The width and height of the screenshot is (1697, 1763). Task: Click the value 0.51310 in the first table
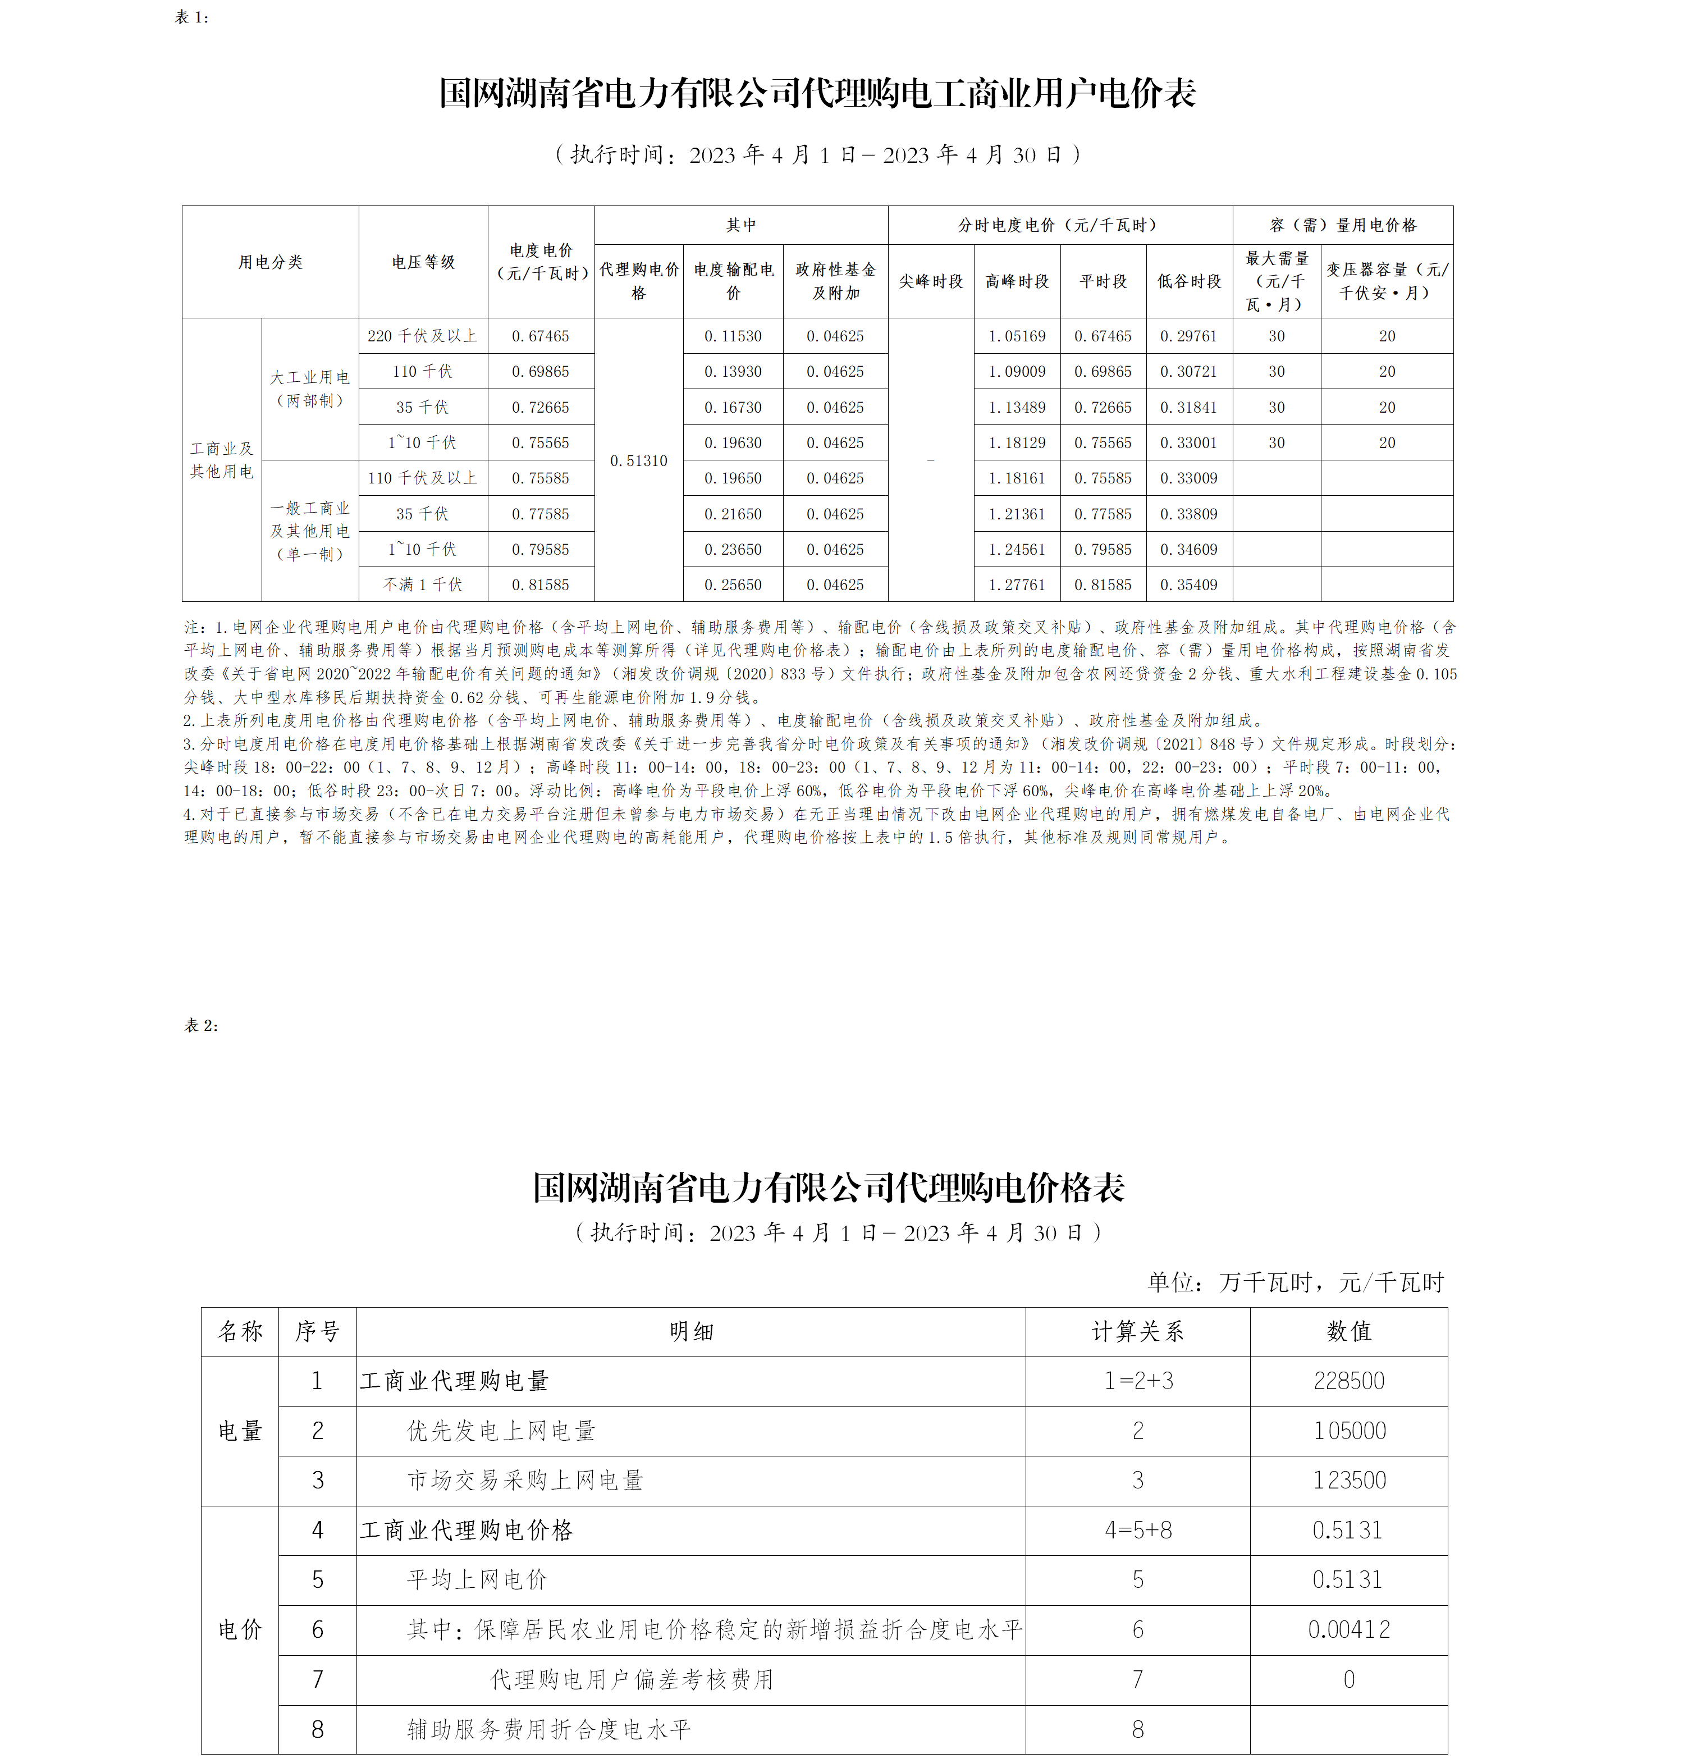(x=638, y=460)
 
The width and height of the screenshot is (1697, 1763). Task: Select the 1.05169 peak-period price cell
(x=1017, y=336)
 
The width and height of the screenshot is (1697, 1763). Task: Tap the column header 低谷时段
(x=1189, y=281)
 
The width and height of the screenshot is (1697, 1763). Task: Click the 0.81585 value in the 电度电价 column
(x=541, y=584)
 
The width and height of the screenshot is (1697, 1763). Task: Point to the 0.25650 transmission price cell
(x=733, y=584)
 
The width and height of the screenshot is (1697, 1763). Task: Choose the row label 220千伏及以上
(x=423, y=336)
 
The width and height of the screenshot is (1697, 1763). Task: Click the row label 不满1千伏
(x=423, y=584)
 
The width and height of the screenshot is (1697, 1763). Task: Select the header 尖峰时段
(x=931, y=281)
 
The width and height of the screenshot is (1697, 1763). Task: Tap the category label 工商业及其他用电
(x=221, y=460)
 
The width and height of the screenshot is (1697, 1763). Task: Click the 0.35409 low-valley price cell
(x=1189, y=584)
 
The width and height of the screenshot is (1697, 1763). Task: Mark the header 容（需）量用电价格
(x=1343, y=225)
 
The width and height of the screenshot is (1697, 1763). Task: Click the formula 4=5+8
(x=1138, y=1530)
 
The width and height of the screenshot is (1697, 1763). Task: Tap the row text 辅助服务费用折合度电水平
(x=548, y=1729)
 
